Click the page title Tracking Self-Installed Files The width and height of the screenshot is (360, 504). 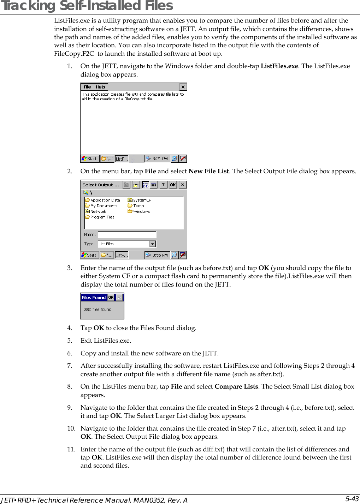pos(87,6)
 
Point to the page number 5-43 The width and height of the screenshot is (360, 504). pos(352,499)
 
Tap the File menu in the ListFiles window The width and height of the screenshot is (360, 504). pos(87,87)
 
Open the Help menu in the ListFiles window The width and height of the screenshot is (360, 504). pos(100,87)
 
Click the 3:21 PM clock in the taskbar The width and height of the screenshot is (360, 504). pos(160,159)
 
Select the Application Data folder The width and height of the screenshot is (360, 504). pos(105,200)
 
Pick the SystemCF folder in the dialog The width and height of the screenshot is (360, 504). pos(142,200)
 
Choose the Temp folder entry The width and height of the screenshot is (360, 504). pos(138,206)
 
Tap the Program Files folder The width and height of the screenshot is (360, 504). pos(102,217)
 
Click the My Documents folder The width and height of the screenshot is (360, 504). pos(104,206)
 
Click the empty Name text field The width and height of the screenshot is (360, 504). pos(127,235)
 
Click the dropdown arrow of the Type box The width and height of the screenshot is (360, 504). pos(152,244)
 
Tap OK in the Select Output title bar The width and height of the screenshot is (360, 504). pos(173,185)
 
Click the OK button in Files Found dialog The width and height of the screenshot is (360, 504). pos(111,298)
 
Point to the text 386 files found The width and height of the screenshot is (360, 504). pos(98,310)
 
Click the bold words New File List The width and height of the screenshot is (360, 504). pos(208,171)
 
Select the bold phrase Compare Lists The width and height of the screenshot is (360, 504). pos(236,386)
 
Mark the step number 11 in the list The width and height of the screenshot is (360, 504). pos(71,449)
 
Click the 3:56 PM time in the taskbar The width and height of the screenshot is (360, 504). pos(160,255)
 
